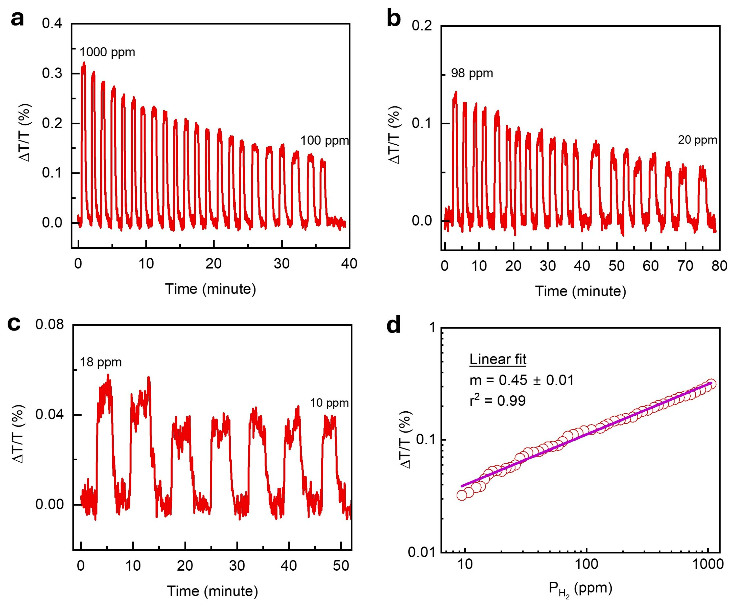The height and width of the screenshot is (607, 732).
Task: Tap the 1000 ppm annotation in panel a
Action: [107, 52]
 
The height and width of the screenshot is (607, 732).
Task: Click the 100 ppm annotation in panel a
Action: [324, 141]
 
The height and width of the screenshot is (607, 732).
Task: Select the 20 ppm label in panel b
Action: [697, 140]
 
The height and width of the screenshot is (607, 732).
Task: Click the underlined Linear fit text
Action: [498, 359]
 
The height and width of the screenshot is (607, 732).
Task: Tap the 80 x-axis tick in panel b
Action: [719, 266]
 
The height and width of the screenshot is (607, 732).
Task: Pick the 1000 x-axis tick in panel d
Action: [707, 564]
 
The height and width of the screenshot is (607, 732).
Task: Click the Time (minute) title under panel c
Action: [212, 591]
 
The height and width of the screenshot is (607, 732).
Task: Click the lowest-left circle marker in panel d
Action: [462, 495]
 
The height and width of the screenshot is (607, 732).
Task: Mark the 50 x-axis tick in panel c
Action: [341, 566]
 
